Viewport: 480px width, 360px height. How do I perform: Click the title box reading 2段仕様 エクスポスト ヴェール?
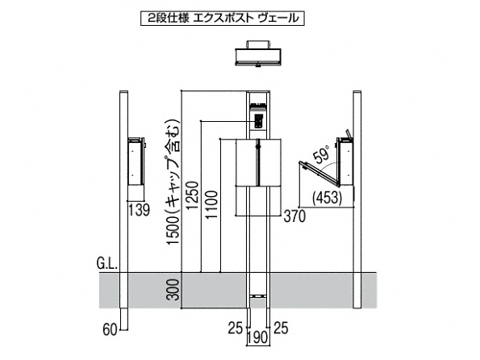click(223, 19)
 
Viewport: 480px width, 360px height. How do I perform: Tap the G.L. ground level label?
click(107, 263)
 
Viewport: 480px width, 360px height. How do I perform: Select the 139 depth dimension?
click(139, 210)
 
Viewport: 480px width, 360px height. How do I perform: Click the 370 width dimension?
click(294, 216)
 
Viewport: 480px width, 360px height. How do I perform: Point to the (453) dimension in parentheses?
click(327, 198)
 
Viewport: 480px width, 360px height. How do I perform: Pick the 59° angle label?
click(321, 154)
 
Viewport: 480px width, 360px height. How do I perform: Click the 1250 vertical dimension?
click(193, 195)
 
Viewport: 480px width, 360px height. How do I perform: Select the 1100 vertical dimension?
click(212, 205)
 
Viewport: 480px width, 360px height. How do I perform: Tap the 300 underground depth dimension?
click(173, 290)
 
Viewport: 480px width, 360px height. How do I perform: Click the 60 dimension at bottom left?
click(110, 330)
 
